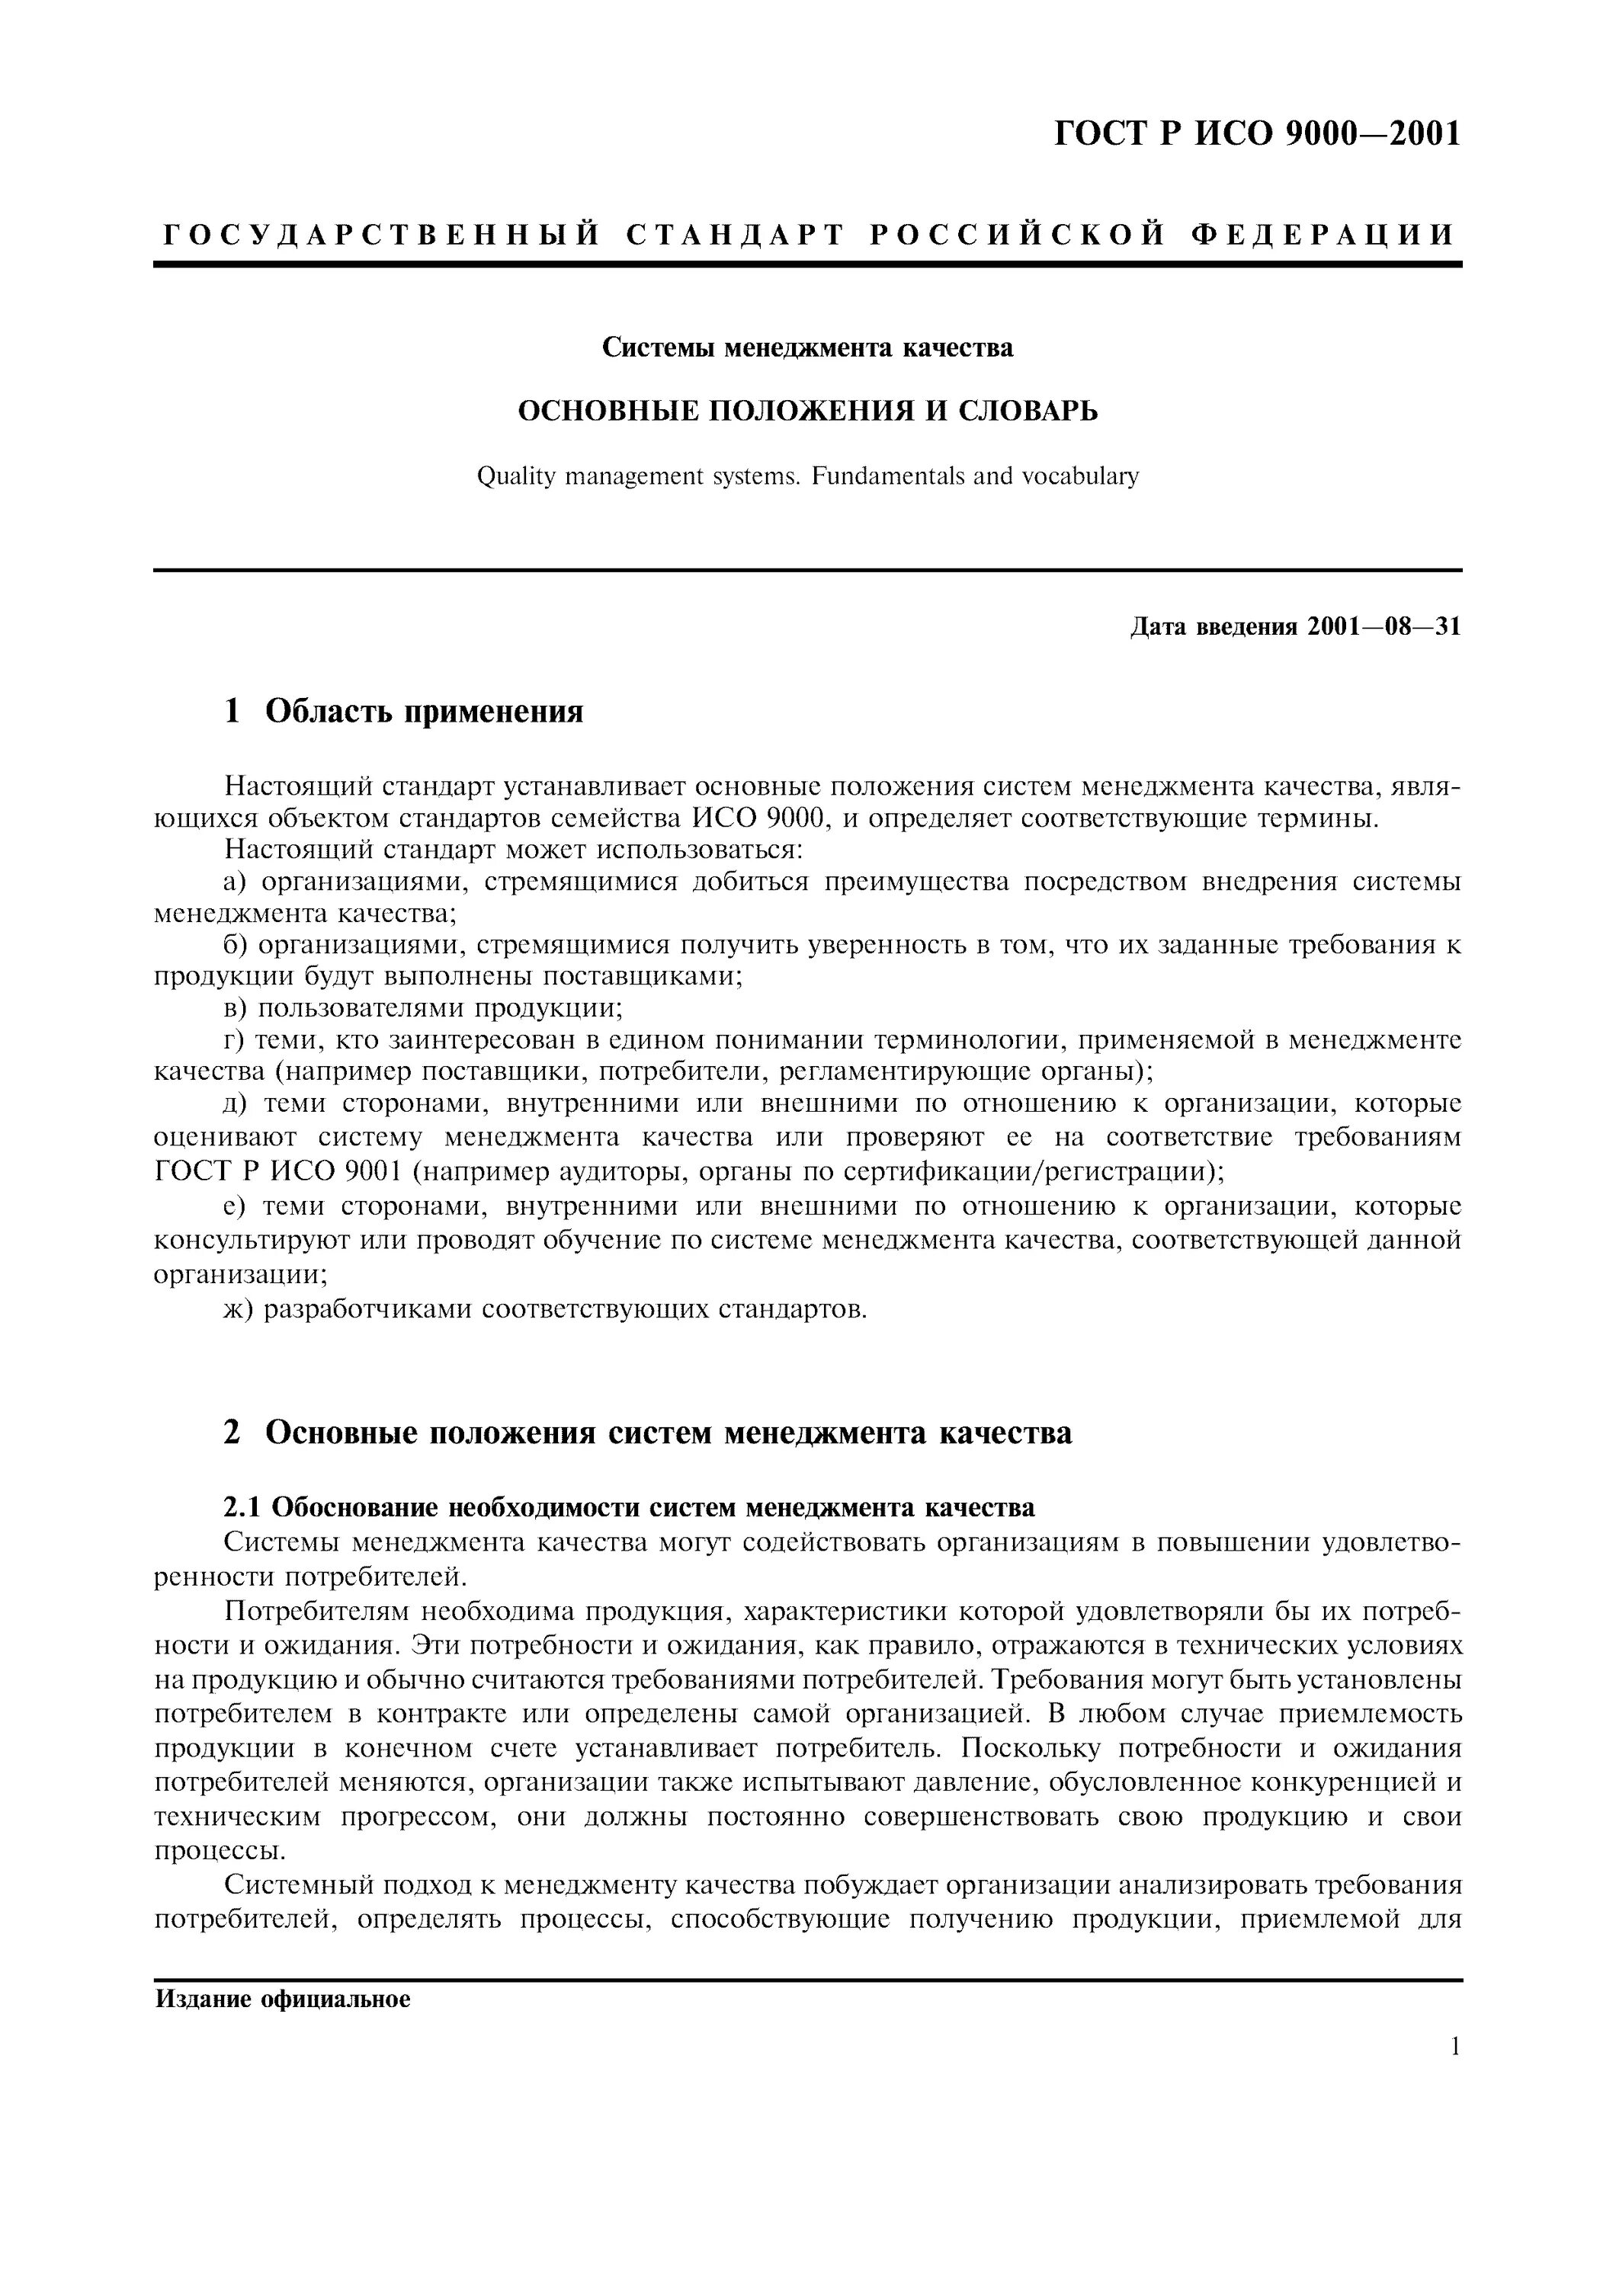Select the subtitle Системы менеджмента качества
(807, 347)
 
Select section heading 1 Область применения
(404, 711)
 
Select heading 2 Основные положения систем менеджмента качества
(648, 1433)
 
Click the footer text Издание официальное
(283, 2000)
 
